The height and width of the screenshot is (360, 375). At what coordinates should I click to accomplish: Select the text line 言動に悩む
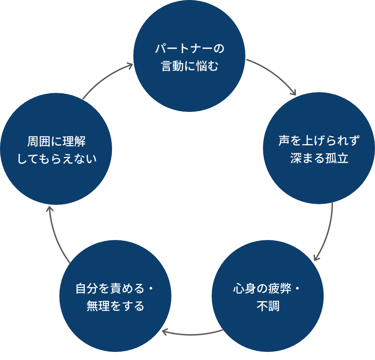(189, 66)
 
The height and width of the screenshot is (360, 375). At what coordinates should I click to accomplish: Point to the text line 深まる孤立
(319, 158)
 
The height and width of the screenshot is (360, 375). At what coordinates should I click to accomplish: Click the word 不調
(268, 306)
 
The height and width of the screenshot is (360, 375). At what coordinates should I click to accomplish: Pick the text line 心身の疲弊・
(267, 289)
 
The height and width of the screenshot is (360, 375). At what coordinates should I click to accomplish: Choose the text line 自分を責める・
(115, 289)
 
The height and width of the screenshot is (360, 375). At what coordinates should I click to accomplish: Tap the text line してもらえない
(56, 159)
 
